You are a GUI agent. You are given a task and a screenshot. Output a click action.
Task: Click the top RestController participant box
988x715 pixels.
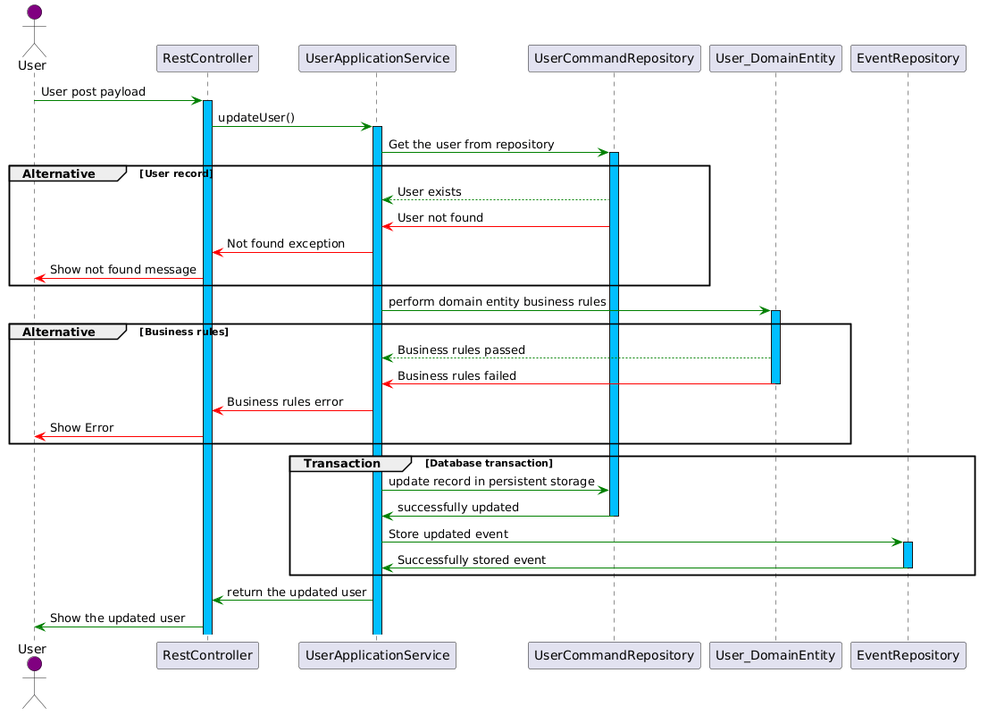click(x=207, y=59)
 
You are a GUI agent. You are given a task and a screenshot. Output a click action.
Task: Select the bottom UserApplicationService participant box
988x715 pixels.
click(x=377, y=655)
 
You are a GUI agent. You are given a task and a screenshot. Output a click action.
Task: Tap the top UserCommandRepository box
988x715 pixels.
click(x=614, y=59)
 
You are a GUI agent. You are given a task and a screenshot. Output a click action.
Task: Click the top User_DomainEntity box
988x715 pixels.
click(x=775, y=59)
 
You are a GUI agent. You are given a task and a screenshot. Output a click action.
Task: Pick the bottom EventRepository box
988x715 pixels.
click(x=908, y=655)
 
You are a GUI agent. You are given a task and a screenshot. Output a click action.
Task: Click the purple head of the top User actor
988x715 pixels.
click(x=35, y=12)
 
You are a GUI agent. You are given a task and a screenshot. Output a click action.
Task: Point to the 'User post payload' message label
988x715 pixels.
click(x=93, y=91)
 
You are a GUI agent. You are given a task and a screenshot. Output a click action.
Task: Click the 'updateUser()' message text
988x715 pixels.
click(x=256, y=117)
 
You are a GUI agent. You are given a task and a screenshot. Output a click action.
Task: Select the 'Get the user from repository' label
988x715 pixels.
click(x=472, y=145)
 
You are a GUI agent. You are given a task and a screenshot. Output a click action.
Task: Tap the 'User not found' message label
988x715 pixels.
click(x=440, y=217)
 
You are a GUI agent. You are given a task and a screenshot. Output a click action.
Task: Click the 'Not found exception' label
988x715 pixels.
click(x=286, y=243)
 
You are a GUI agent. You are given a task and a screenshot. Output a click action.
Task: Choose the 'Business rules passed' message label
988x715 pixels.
click(x=461, y=350)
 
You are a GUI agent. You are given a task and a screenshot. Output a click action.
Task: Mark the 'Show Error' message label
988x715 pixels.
click(x=82, y=427)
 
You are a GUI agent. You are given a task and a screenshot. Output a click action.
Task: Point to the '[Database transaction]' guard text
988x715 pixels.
click(x=489, y=463)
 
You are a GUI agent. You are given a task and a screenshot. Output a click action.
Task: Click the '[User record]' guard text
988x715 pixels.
click(x=176, y=173)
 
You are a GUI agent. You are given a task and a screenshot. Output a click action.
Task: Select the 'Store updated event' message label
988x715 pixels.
click(x=448, y=534)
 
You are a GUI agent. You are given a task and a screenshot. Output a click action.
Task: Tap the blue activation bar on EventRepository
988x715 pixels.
click(x=908, y=555)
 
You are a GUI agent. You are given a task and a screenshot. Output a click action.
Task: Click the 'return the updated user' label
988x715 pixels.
click(x=297, y=592)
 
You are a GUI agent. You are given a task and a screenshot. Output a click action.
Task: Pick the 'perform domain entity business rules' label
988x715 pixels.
click(x=498, y=301)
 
